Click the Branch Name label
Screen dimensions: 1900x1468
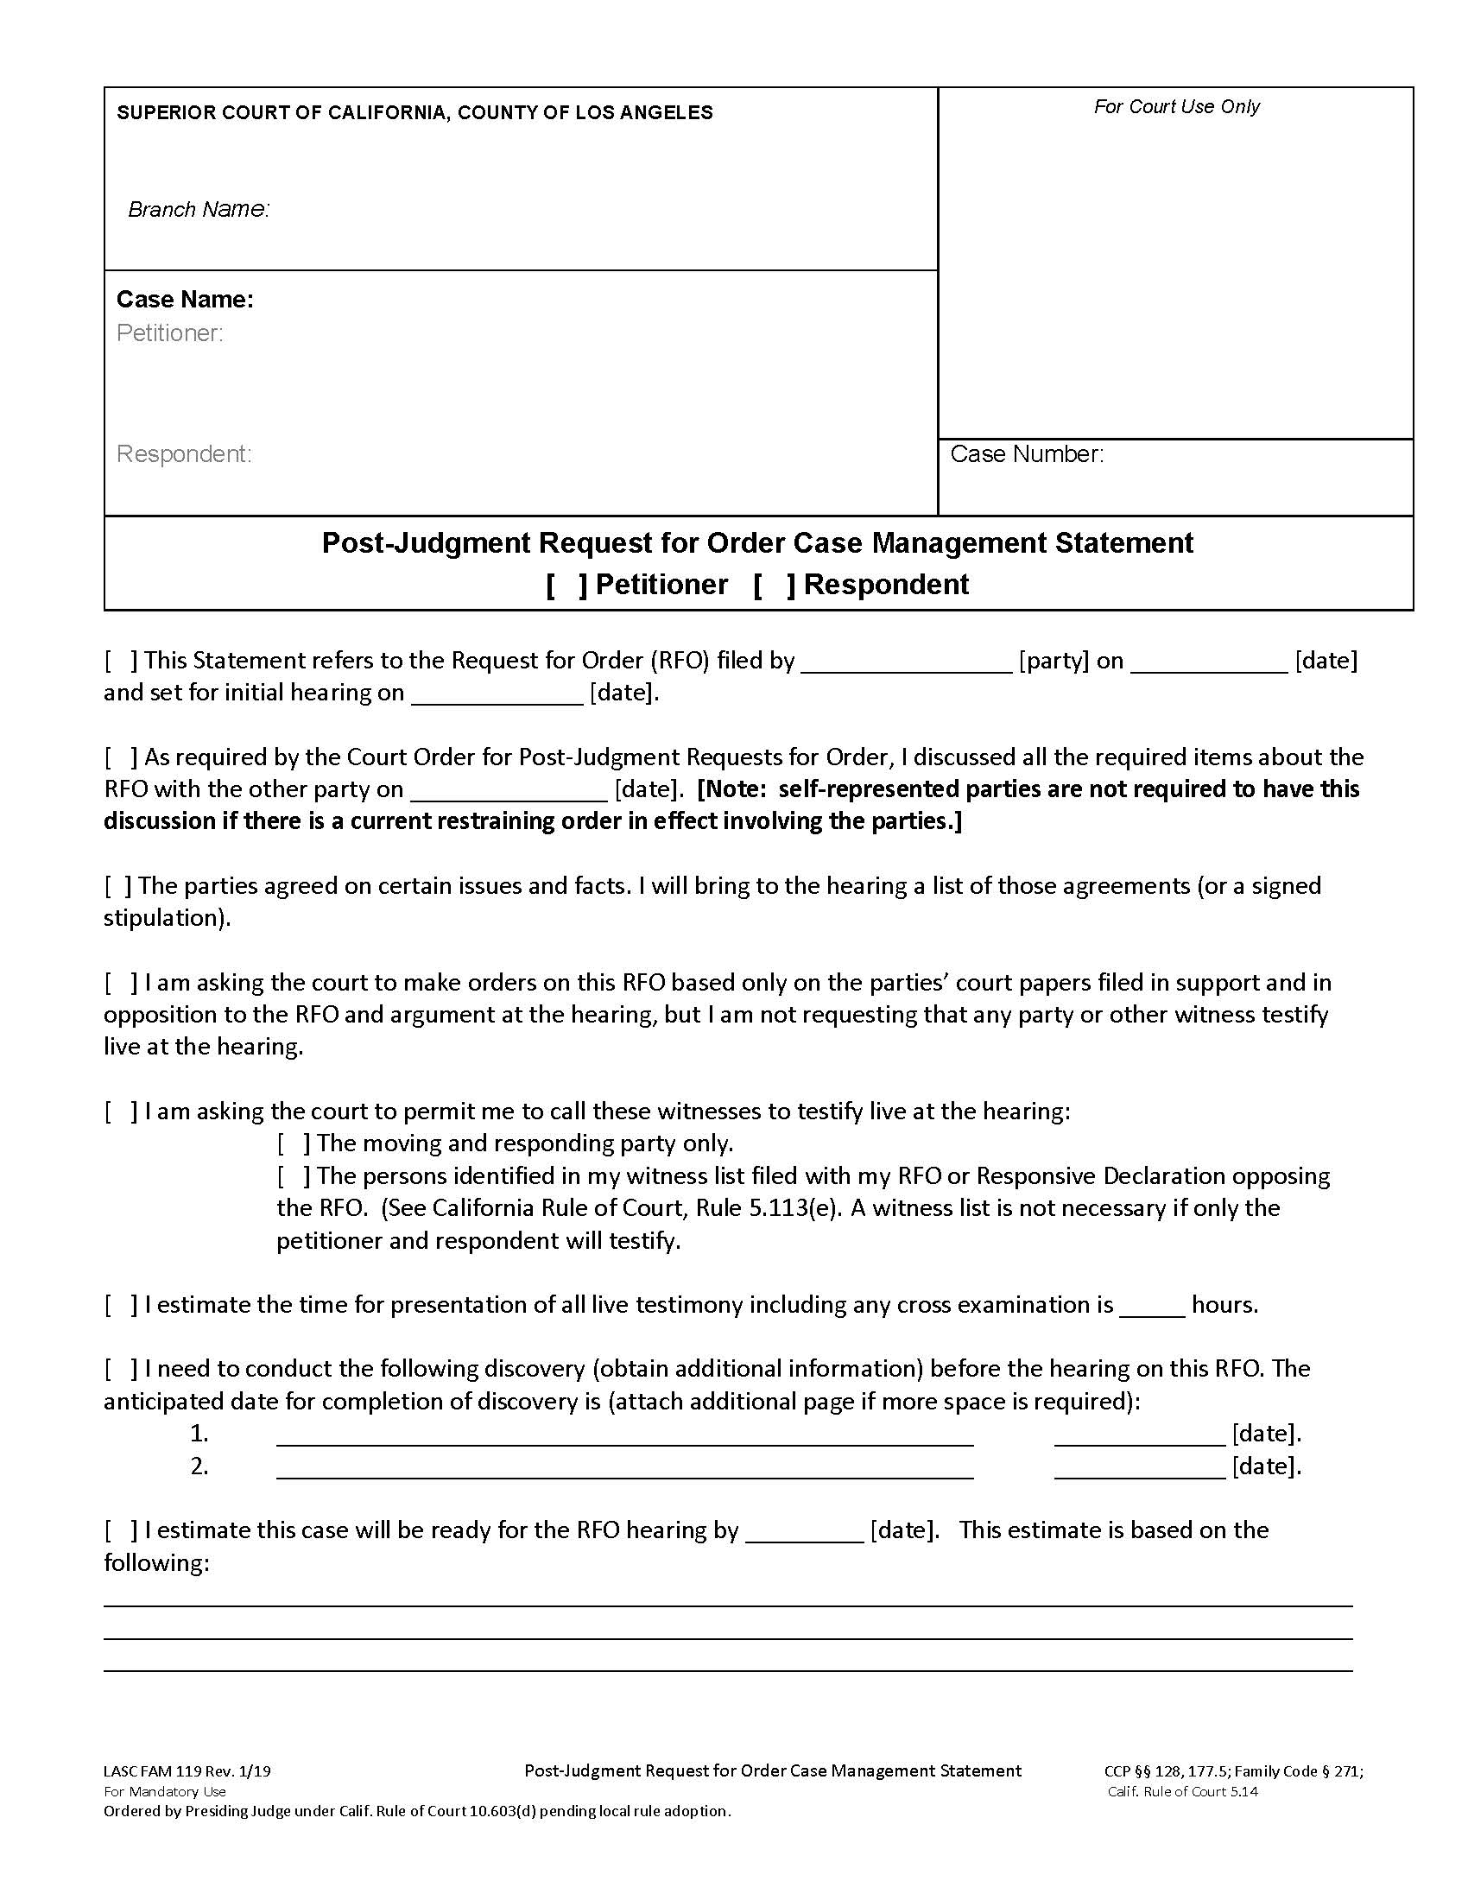199,210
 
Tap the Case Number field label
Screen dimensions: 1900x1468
1026,454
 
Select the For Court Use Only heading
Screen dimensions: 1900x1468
1176,107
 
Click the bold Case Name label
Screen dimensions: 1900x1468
185,301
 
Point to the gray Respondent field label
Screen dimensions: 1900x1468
183,454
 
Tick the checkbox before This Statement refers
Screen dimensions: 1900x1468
121,662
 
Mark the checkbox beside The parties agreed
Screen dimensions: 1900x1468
118,886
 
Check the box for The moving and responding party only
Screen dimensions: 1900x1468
294,1144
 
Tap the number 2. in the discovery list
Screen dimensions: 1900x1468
199,1466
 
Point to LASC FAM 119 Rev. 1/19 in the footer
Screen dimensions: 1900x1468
187,1770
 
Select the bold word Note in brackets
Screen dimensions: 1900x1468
733,790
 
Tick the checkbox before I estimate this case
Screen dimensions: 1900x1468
121,1531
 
